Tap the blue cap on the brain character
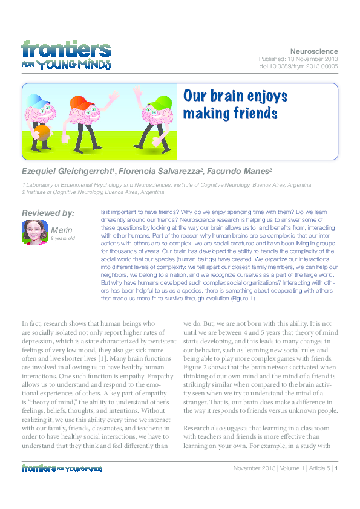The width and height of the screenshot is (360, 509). (x=38, y=100)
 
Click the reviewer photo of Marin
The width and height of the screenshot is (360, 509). (x=34, y=232)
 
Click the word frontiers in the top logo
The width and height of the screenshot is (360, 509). (x=67, y=48)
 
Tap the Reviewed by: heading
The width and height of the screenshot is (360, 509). (x=48, y=213)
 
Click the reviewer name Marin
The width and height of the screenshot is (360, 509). (x=62, y=230)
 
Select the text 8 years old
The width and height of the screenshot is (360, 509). (x=63, y=239)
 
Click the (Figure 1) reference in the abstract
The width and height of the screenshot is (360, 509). (x=241, y=298)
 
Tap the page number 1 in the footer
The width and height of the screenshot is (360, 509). (x=336, y=468)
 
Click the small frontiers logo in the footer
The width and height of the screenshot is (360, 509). (x=61, y=468)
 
